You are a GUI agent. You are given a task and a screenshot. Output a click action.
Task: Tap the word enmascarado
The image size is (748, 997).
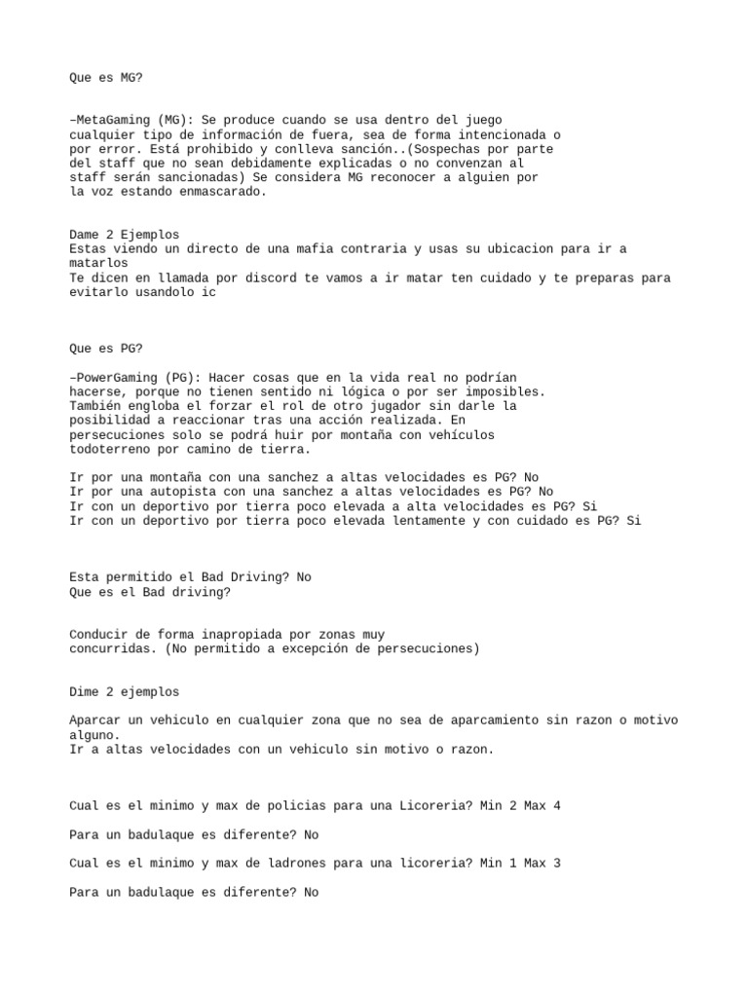tap(216, 192)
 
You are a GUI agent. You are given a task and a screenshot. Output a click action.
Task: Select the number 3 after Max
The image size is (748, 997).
tap(557, 863)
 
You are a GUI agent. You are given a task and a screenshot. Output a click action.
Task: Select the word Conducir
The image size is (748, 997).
tap(100, 634)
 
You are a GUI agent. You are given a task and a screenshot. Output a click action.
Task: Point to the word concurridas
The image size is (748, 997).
tap(111, 648)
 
